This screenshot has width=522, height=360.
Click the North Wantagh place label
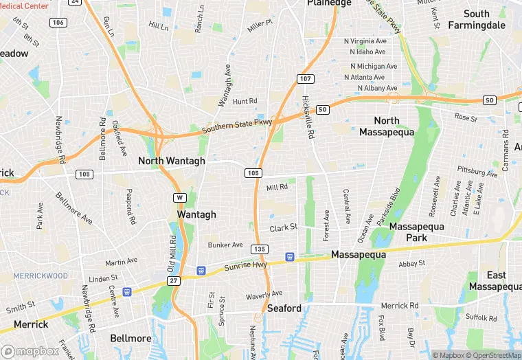tap(172, 161)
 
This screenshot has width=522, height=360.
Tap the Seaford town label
tap(284, 308)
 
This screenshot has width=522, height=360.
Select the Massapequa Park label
tap(417, 232)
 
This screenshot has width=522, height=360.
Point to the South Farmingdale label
tap(477, 19)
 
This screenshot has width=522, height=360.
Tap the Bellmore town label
tap(130, 339)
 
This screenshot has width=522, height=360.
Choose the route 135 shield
tap(259, 249)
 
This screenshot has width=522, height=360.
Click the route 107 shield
tap(306, 79)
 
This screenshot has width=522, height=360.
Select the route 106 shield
tap(58, 23)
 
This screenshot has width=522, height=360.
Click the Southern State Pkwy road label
tap(237, 127)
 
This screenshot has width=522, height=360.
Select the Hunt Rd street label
tap(245, 101)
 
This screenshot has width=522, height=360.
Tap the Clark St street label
tap(283, 227)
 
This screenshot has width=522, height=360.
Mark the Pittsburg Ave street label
tap(480, 170)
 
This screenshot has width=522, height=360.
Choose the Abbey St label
tap(413, 263)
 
